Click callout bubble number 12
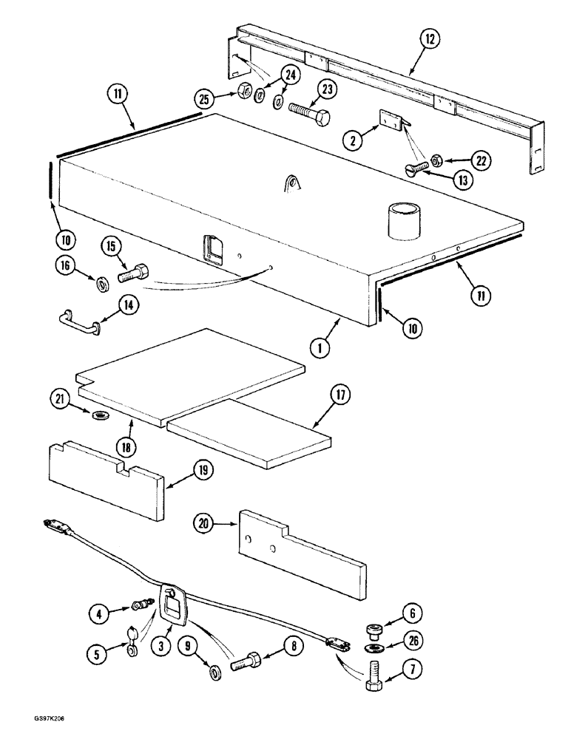click(x=428, y=37)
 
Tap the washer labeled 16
click(x=101, y=282)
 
